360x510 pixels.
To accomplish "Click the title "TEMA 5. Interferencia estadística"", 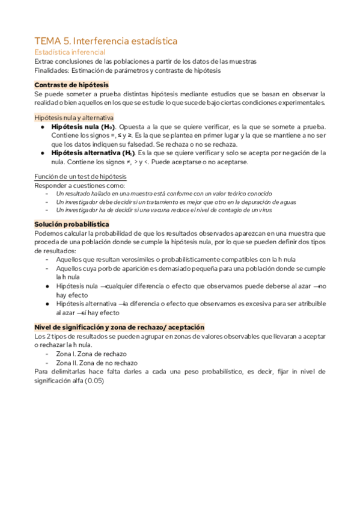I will pos(106,41).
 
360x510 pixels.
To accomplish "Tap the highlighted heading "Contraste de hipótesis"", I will pos(72,85).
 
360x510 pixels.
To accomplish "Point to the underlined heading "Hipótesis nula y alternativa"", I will pos(75,117).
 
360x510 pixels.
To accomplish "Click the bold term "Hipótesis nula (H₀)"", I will pos(84,127).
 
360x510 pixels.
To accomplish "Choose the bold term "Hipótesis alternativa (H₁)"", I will pos(93,153).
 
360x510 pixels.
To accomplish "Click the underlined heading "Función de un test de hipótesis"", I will pos(80,176).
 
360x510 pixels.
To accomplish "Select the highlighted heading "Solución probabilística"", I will pos(72,224).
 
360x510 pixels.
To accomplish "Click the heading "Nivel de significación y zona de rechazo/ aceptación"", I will pos(120,327).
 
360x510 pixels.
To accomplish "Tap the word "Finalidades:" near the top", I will pos(53,70).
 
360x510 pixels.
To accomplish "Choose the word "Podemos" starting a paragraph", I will pos(48,233).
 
